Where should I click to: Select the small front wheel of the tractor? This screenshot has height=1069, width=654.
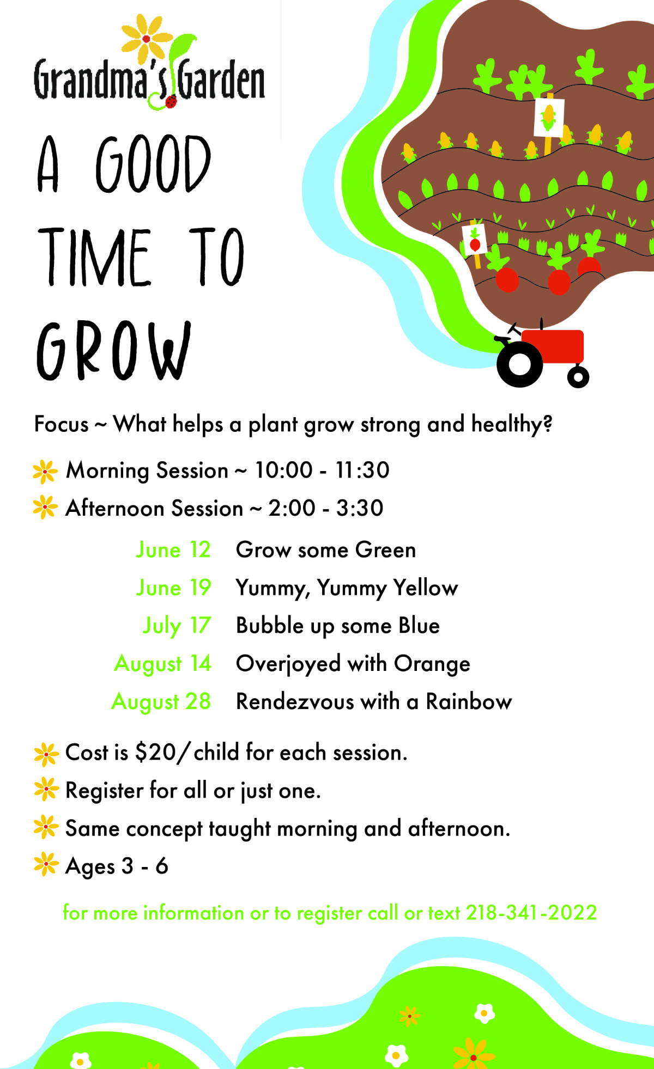click(x=578, y=376)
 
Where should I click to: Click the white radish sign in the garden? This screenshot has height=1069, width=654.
click(x=474, y=240)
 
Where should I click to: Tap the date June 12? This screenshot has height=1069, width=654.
click(x=173, y=550)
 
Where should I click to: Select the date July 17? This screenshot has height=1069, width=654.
click(x=177, y=626)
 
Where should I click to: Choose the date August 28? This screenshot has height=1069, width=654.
click(x=161, y=702)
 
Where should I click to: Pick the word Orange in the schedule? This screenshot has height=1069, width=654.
click(x=432, y=664)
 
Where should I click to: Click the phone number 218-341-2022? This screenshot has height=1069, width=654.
click(x=531, y=913)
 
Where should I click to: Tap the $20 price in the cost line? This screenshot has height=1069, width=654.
click(x=156, y=753)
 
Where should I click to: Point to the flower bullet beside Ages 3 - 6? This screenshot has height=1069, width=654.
click(x=46, y=864)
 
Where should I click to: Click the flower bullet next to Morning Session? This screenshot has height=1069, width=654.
click(x=45, y=472)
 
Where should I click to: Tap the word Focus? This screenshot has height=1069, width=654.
click(x=62, y=424)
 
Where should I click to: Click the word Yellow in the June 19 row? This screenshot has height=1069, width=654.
click(x=426, y=588)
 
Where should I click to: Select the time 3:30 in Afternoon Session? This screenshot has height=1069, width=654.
click(x=360, y=508)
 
